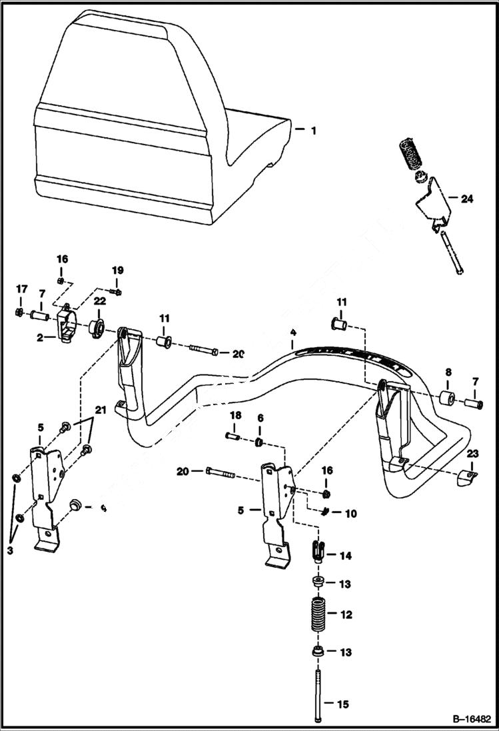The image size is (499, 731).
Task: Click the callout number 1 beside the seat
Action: pyautogui.click(x=313, y=131)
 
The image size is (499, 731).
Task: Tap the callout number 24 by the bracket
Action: pyautogui.click(x=466, y=199)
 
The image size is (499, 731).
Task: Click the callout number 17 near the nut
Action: pyautogui.click(x=22, y=289)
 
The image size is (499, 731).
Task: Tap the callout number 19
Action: pyautogui.click(x=117, y=271)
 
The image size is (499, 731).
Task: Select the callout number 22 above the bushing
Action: pyautogui.click(x=99, y=302)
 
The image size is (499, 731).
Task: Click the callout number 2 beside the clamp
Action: pyautogui.click(x=39, y=338)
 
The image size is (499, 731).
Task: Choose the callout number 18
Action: pyautogui.click(x=235, y=416)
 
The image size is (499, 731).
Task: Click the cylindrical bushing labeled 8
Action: pyautogui.click(x=446, y=400)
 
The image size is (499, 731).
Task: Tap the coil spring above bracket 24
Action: pyautogui.click(x=411, y=157)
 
